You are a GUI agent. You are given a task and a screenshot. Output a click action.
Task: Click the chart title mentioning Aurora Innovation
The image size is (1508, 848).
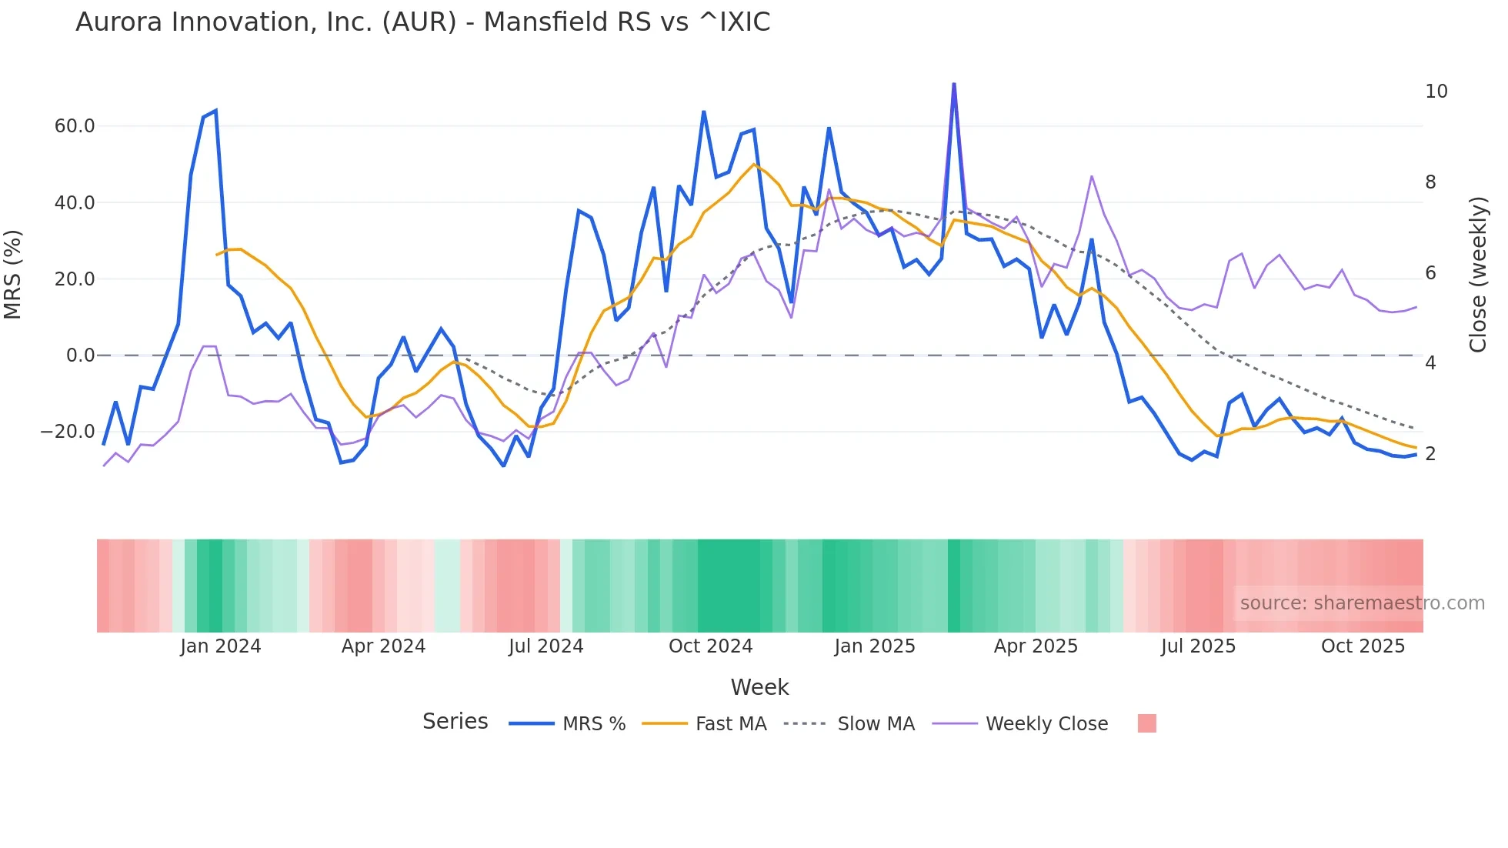pos(422,22)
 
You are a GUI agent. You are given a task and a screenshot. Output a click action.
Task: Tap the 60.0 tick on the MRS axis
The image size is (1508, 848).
pos(75,126)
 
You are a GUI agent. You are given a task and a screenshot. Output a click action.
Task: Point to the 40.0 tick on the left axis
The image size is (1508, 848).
pos(75,203)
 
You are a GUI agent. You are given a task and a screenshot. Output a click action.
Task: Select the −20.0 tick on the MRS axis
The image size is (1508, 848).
pos(68,432)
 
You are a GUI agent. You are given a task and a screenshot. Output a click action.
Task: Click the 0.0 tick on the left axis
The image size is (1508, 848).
pos(81,356)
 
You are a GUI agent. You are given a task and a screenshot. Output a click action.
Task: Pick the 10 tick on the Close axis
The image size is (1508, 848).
pos(1436,92)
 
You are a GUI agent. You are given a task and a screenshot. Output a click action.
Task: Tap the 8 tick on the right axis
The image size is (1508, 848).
pos(1430,182)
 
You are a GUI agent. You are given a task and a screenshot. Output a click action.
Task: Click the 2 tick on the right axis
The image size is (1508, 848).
pos(1430,454)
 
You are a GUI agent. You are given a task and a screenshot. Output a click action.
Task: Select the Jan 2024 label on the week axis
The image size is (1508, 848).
pos(221,646)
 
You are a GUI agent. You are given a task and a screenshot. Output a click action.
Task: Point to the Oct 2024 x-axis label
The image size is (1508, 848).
pos(710,646)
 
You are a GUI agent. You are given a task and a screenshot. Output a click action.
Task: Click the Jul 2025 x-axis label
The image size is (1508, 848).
pos(1198,646)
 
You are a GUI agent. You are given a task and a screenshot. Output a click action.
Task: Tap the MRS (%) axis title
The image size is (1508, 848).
pos(13,275)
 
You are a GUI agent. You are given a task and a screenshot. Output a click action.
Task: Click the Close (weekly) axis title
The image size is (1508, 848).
pos(1478,275)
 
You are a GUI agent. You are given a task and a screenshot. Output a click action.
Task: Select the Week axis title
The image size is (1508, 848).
pos(759,687)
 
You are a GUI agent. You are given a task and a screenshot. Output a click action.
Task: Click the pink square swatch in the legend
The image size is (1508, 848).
pos(1146,724)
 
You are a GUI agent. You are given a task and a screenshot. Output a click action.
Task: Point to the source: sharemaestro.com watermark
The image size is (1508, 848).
pos(1362,603)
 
